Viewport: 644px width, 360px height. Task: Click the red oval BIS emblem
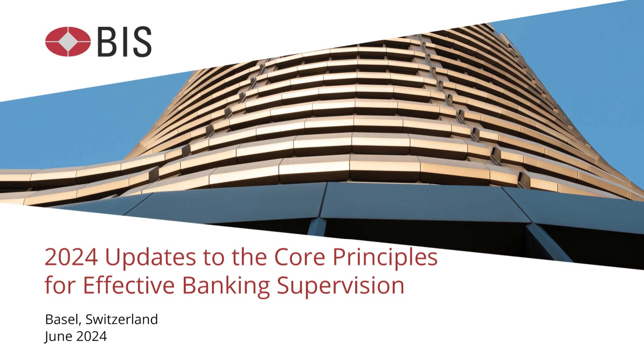[68, 41]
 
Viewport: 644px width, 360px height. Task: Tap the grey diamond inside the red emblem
[68, 41]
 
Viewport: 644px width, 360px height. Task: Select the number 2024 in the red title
[71, 257]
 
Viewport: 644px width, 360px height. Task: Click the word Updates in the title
[152, 257]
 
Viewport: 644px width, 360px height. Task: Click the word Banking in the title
[226, 286]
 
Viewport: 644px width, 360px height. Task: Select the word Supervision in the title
[341, 286]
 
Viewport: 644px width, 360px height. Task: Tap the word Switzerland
[122, 319]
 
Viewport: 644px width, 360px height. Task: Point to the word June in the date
[58, 336]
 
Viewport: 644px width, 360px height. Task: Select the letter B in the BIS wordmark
[107, 41]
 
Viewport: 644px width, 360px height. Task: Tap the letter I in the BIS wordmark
[124, 41]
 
